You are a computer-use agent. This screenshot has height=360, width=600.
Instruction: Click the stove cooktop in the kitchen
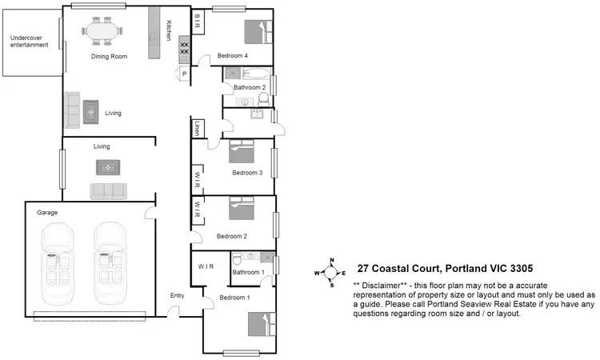click(x=184, y=49)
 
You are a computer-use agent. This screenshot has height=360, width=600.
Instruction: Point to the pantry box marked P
click(x=185, y=74)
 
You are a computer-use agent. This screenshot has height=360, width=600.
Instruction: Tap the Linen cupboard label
click(x=197, y=128)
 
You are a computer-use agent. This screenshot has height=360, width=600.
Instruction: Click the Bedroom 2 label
click(x=231, y=236)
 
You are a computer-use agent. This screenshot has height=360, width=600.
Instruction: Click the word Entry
click(x=178, y=296)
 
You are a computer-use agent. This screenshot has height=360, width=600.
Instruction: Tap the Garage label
click(x=47, y=213)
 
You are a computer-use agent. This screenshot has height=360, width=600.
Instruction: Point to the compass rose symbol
click(x=331, y=273)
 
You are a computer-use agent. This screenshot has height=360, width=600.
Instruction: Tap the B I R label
click(x=197, y=20)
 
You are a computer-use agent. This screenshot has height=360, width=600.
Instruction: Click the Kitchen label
click(x=169, y=30)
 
